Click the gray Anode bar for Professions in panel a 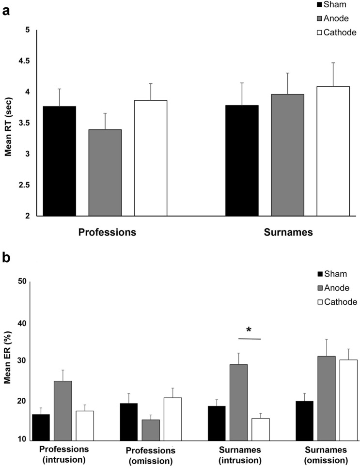tap(105, 172)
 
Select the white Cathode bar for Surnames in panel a tap(333, 151)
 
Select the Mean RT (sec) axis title tap(8, 123)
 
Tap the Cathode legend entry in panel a tap(336, 32)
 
